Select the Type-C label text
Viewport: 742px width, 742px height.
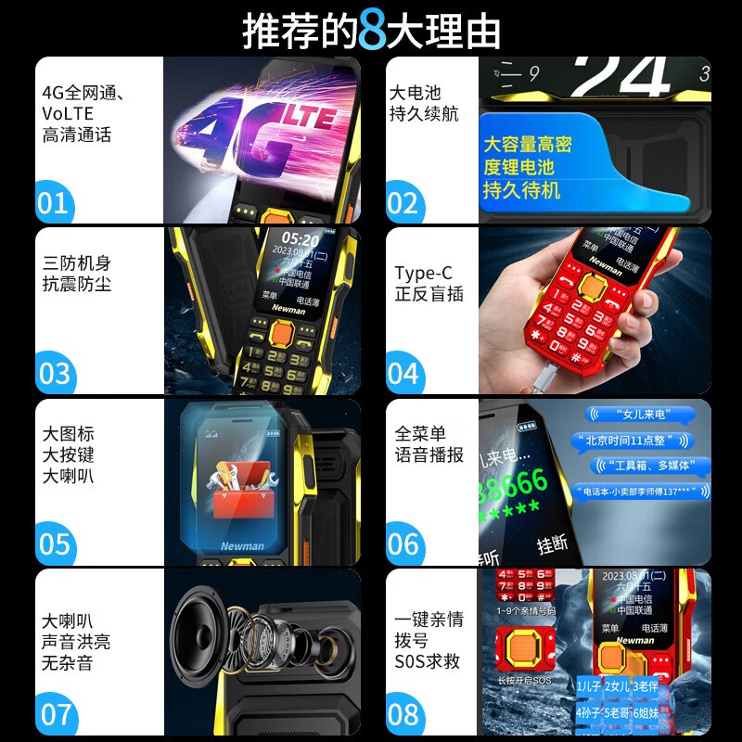pyautogui.click(x=423, y=274)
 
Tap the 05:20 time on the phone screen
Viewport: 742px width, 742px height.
pyautogui.click(x=301, y=239)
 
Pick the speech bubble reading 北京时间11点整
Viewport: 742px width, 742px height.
pyautogui.click(x=631, y=441)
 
